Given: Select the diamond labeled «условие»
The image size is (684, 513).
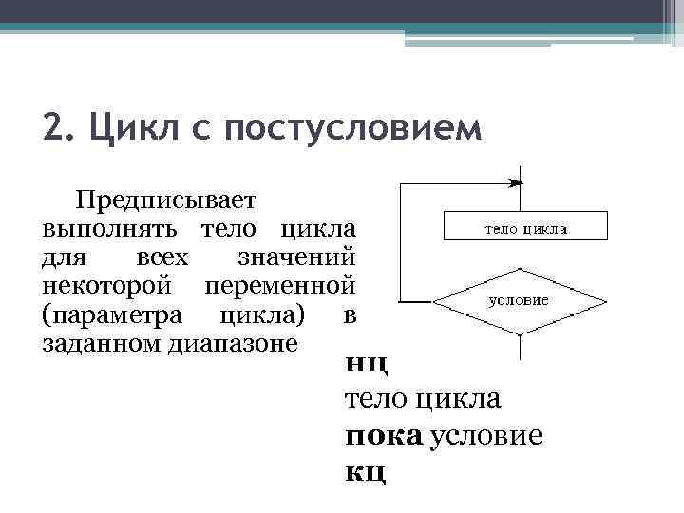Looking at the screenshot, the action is pyautogui.click(x=519, y=300).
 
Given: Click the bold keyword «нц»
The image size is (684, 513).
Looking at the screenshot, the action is pyautogui.click(x=365, y=363).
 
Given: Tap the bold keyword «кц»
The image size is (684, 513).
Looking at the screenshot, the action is pyautogui.click(x=365, y=472).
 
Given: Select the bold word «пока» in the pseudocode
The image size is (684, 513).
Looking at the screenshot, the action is pyautogui.click(x=384, y=436).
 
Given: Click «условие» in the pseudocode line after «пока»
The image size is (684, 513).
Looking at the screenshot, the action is pyautogui.click(x=487, y=436).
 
